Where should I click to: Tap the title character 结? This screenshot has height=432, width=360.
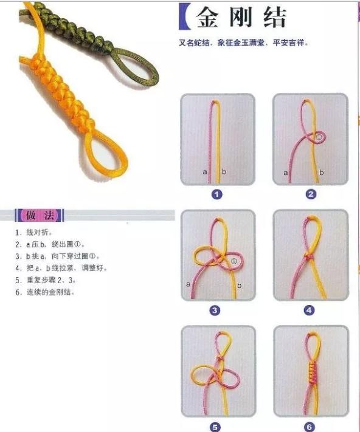(274, 18)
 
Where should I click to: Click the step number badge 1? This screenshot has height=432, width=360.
(216, 194)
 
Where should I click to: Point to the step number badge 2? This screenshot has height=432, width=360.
(310, 194)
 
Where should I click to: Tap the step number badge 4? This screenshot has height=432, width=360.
(310, 310)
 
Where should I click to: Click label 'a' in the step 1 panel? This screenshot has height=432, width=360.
(205, 173)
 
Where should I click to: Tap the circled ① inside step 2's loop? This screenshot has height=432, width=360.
(318, 138)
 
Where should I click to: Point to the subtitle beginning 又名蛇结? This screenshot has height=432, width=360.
(243, 43)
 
